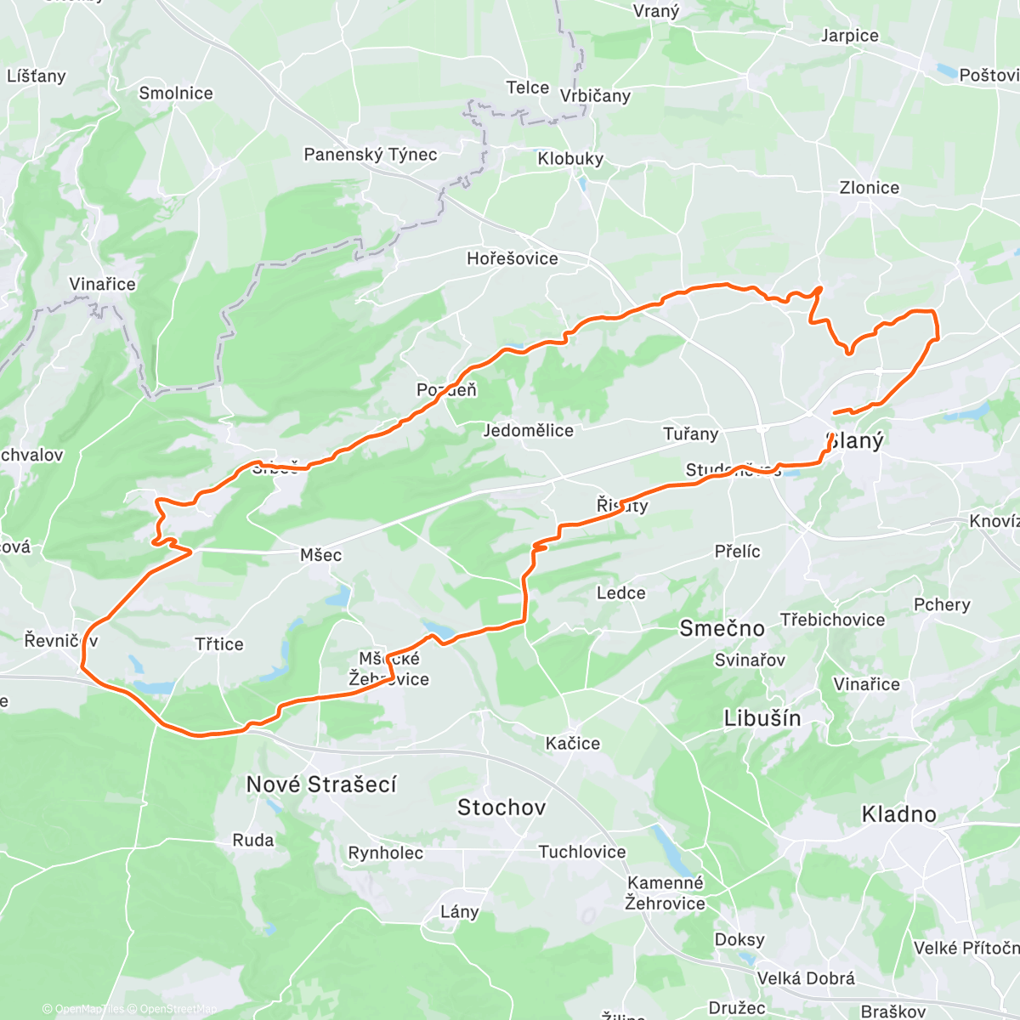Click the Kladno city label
898,814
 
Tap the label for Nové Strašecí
321,785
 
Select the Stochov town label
501,807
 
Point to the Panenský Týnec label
371,155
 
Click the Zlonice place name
869,188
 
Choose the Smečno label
722,628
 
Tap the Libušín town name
762,718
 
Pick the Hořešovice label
513,258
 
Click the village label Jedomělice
528,431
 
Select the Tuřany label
690,434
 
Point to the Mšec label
320,555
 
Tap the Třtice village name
219,644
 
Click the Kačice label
573,744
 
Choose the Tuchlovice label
581,852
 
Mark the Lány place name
459,912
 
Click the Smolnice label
176,93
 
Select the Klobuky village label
570,159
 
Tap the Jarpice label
849,36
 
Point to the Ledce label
620,593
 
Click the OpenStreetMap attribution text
178,1009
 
